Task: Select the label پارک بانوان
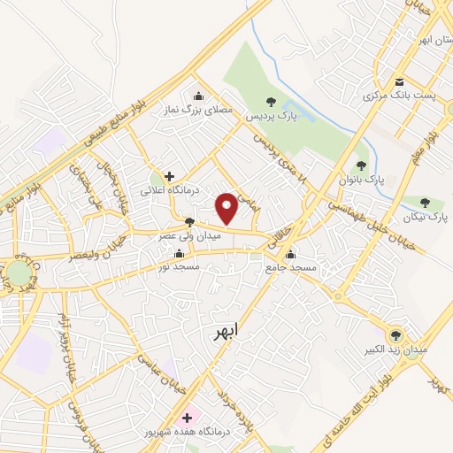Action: coord(360,179)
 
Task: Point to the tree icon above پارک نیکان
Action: coord(426,203)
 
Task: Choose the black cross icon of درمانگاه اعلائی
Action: coord(169,176)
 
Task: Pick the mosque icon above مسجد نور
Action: coord(180,254)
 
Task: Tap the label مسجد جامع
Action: coord(288,267)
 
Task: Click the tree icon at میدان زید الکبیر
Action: coord(395,335)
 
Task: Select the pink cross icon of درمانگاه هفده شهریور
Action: coord(187,418)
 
